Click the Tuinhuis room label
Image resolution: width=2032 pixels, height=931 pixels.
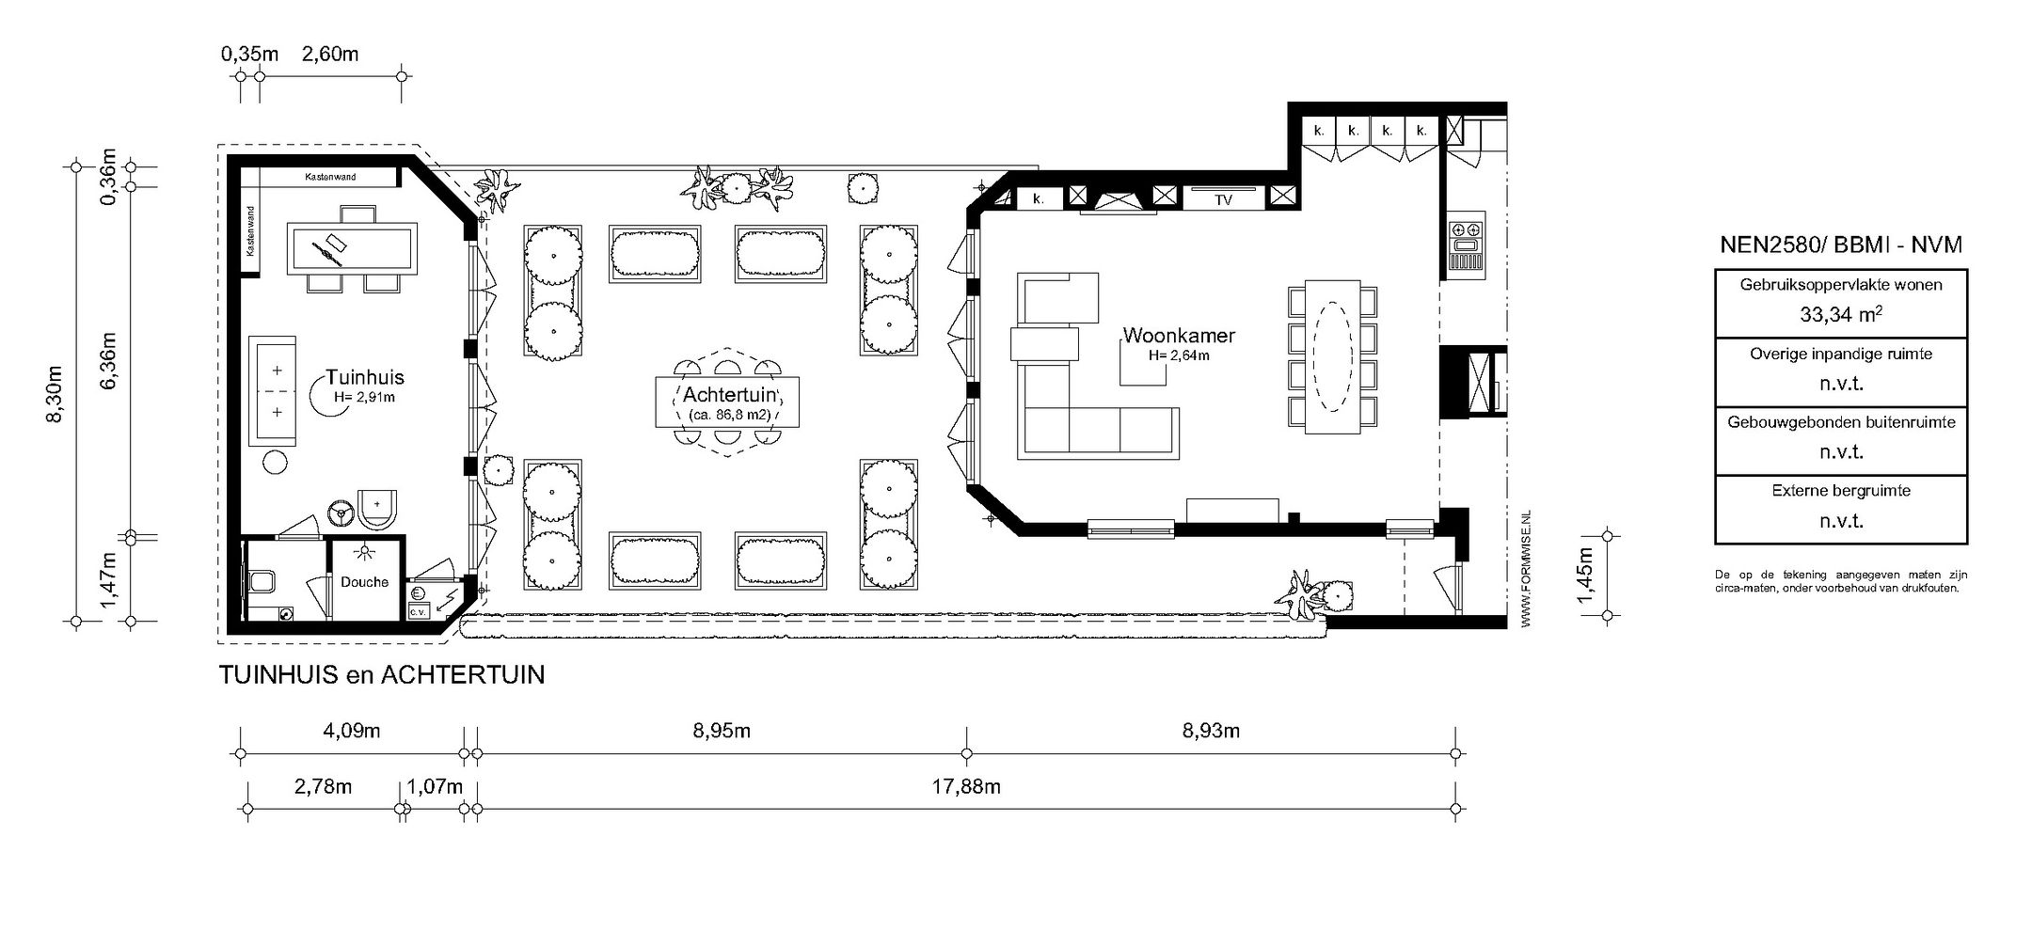365,377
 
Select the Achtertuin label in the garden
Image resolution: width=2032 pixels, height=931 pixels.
728,393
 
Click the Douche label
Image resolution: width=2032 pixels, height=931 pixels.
365,582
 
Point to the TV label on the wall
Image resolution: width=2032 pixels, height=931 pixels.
1223,200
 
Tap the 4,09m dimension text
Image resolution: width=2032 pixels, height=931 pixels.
352,731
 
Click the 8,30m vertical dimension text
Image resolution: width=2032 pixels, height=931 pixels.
55,394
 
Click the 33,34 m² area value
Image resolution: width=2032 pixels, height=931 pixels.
1841,315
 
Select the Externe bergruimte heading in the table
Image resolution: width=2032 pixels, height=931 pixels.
1841,491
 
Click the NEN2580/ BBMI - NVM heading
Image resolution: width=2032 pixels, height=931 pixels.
1841,245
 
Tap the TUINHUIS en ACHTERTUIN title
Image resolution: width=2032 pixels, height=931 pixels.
382,675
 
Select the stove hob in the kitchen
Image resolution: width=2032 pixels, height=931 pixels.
1465,229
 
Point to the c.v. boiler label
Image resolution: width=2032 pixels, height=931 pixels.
417,612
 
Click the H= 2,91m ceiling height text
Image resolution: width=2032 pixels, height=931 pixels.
364,398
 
